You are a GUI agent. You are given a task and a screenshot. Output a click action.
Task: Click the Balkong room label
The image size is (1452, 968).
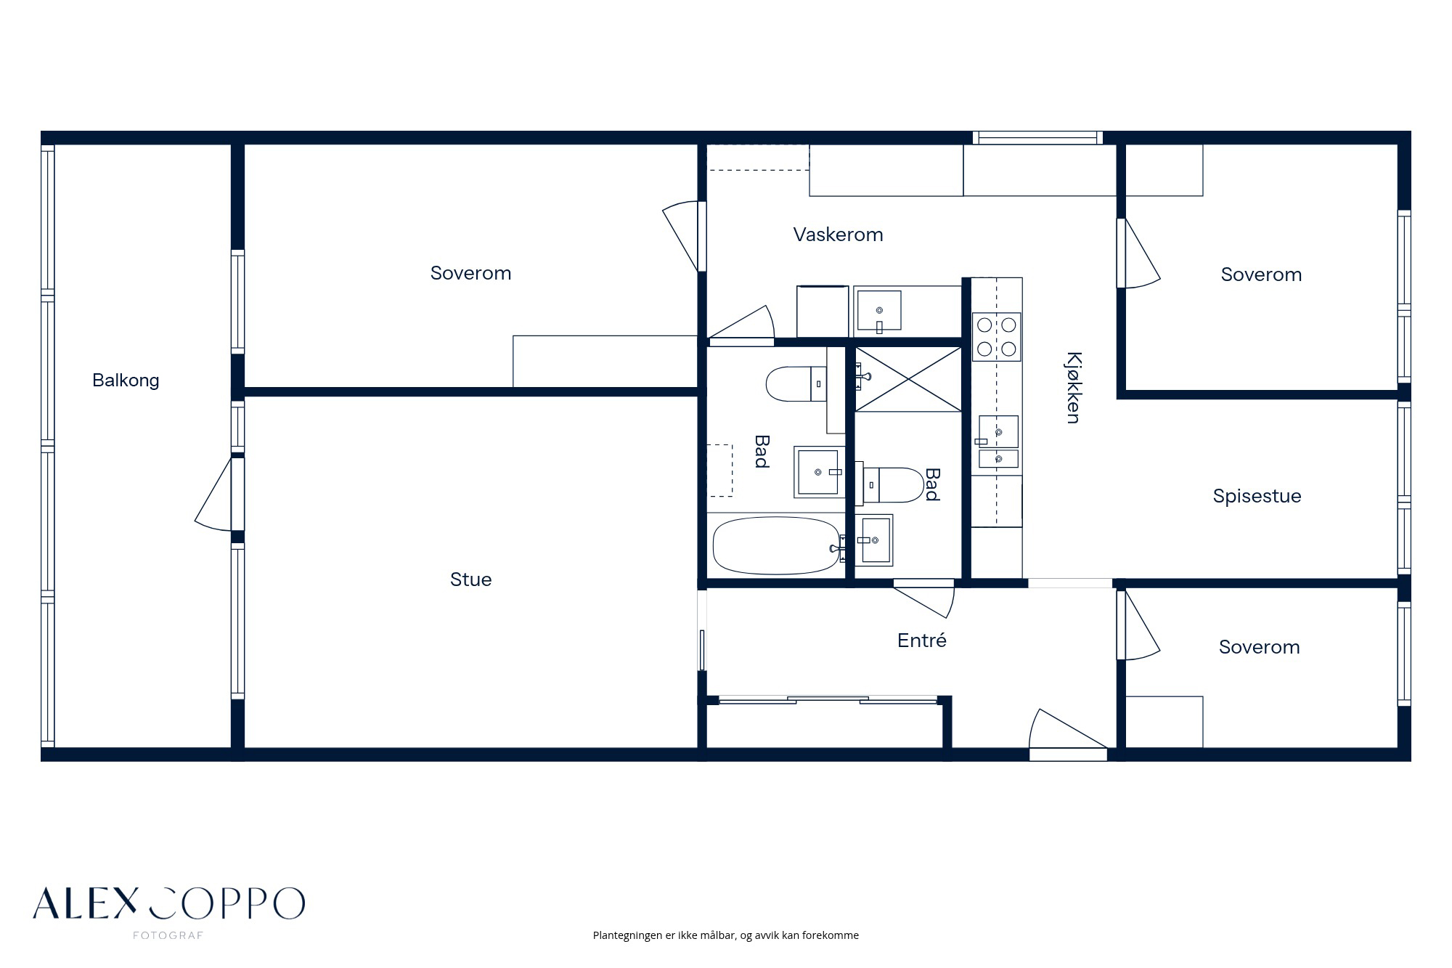pos(126,381)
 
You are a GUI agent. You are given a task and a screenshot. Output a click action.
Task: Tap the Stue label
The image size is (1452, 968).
pos(470,579)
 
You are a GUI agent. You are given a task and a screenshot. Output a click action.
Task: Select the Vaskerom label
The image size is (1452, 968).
pos(838,235)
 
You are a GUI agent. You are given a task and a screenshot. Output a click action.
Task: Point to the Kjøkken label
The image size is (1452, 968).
pos(1074,387)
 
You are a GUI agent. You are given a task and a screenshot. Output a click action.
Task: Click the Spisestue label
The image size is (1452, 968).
pos(1257,496)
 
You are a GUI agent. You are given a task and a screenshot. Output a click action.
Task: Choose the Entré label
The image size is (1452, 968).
pos(922,640)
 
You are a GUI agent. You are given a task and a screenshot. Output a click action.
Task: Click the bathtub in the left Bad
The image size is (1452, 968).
pos(777,545)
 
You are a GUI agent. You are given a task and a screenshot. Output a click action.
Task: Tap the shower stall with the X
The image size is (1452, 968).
pos(908,379)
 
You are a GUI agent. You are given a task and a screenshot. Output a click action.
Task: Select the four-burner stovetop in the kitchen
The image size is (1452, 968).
pos(997,337)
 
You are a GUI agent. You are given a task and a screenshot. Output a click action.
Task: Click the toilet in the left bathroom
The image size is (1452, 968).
pos(796,384)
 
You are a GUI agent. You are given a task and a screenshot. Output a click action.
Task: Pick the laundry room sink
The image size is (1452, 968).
pos(879,311)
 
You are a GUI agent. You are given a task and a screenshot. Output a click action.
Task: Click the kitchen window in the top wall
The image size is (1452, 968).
pos(1037,137)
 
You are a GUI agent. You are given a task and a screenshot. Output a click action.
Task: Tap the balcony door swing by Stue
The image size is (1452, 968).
pos(215,493)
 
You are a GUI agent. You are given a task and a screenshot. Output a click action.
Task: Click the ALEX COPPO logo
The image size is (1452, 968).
pos(168,903)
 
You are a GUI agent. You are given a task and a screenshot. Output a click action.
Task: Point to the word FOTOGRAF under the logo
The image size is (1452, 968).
pos(168,936)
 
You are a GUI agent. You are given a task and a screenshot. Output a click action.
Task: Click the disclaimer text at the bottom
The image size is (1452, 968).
pos(726,935)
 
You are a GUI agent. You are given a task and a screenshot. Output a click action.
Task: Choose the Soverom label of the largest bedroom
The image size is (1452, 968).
pos(470,273)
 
